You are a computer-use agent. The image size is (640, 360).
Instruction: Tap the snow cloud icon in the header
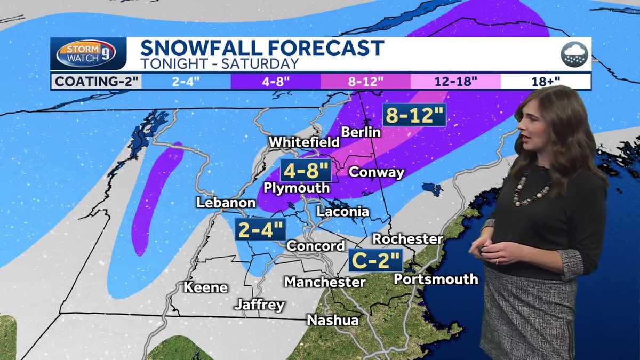click(574, 54)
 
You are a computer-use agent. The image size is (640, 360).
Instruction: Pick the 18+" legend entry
click(546, 82)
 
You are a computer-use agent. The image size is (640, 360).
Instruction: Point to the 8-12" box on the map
click(414, 115)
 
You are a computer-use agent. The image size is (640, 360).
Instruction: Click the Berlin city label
click(361, 132)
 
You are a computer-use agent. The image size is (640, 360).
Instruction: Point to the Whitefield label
click(304, 142)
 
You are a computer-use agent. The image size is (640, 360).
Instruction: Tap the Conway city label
click(376, 172)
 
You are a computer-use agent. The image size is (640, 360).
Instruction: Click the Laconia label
click(342, 211)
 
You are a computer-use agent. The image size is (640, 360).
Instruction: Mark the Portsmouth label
click(436, 279)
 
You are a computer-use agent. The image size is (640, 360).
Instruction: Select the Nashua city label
click(332, 319)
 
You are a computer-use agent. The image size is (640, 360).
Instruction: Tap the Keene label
click(206, 287)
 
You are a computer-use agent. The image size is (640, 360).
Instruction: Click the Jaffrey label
click(260, 305)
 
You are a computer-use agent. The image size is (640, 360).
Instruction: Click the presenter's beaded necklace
click(530, 191)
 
